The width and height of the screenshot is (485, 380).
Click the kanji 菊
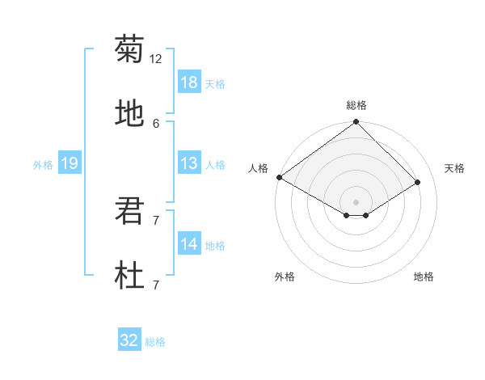(x=129, y=49)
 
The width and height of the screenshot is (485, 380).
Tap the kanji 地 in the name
(x=129, y=114)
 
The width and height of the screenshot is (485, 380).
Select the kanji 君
(x=129, y=212)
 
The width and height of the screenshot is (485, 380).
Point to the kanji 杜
(x=129, y=277)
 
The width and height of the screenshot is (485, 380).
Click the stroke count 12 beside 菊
(x=156, y=59)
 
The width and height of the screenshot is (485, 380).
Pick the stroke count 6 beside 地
(x=156, y=124)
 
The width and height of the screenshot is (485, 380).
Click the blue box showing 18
(x=188, y=82)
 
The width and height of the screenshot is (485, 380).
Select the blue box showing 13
(x=188, y=163)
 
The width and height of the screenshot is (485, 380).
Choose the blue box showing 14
(x=188, y=245)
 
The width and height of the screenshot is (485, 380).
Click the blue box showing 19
(x=69, y=163)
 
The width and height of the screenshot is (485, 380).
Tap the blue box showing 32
(x=129, y=340)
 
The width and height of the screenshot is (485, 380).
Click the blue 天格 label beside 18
(x=215, y=84)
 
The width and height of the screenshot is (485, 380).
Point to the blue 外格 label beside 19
(x=43, y=165)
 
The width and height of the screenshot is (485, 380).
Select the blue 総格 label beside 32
(x=155, y=342)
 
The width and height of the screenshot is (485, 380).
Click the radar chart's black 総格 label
(x=356, y=105)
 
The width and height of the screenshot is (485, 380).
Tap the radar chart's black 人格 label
(x=258, y=168)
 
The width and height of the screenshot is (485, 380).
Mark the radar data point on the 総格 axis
(x=356, y=122)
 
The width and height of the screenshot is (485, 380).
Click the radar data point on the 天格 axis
(x=418, y=183)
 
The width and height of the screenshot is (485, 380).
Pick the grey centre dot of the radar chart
(x=356, y=202)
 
